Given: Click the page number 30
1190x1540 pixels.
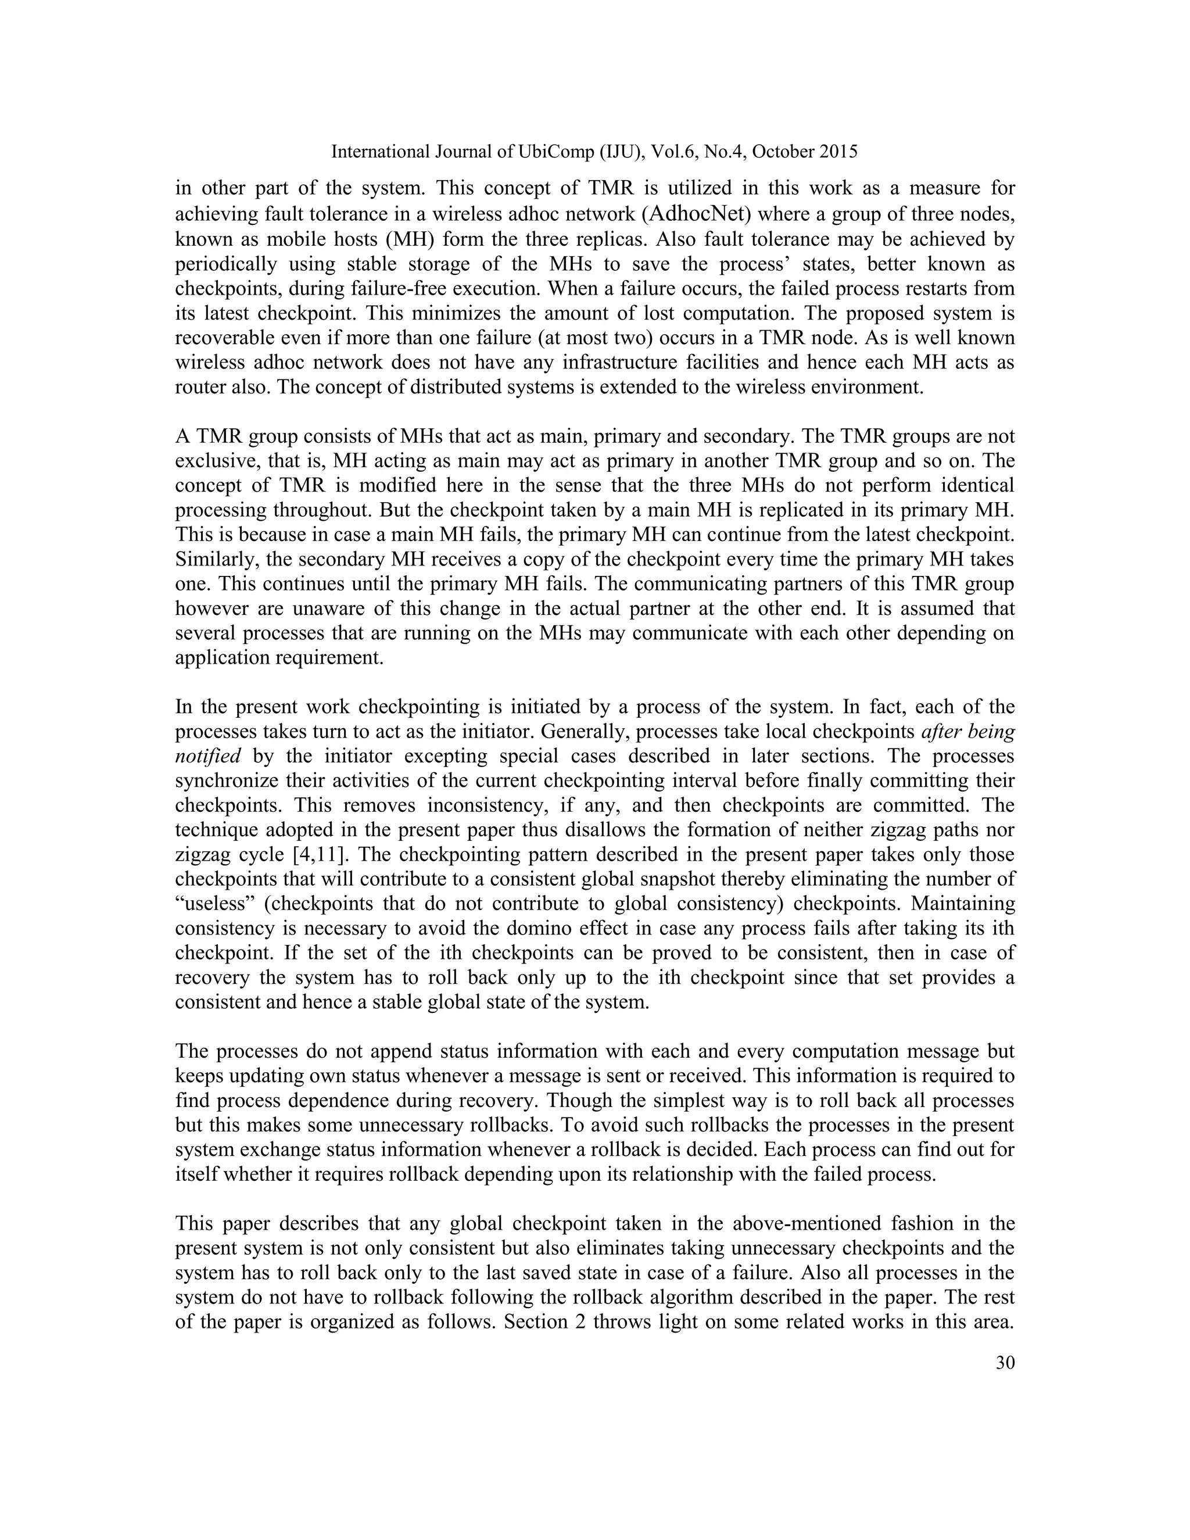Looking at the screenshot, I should click(x=1005, y=1362).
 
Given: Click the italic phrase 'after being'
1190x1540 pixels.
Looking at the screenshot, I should click(x=968, y=731).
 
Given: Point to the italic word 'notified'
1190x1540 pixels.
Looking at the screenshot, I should click(x=208, y=756).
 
